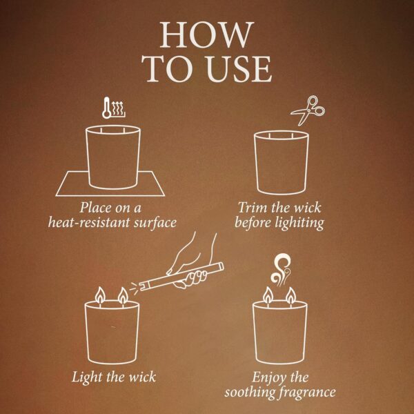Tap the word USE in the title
click(x=239, y=68)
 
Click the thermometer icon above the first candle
click(x=106, y=108)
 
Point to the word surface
click(x=155, y=223)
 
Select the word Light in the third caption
click(x=88, y=377)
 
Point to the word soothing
click(x=250, y=393)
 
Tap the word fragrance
click(x=308, y=393)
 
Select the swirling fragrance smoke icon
click(x=280, y=270)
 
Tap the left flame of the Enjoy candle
click(x=268, y=296)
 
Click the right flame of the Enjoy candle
click(x=291, y=296)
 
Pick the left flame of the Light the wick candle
click(x=100, y=295)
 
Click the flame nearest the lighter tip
click(x=123, y=296)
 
